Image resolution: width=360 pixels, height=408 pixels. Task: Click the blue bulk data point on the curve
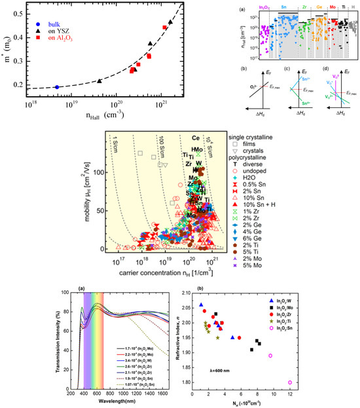(57, 87)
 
